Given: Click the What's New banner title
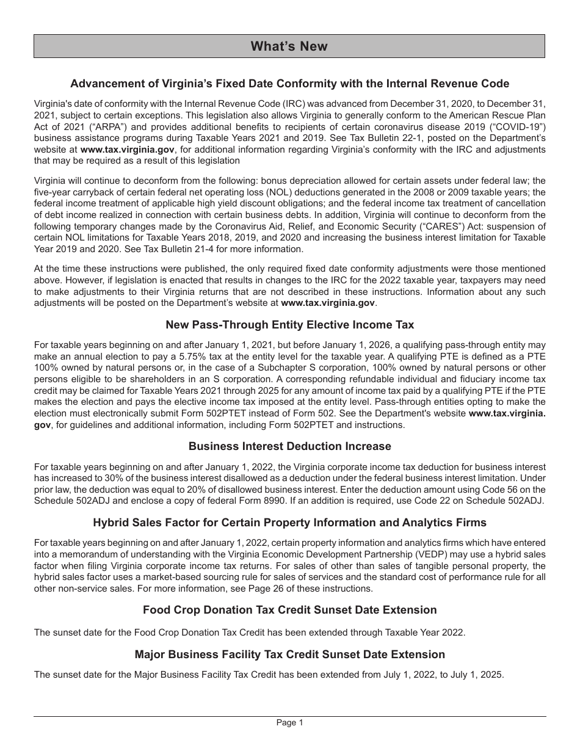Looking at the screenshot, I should click(289, 46).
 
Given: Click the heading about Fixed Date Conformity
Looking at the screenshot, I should click(289, 84).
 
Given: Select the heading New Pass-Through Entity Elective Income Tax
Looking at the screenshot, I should click(289, 325).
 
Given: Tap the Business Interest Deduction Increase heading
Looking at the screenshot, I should click(289, 446).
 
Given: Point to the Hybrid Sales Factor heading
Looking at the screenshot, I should click(289, 523).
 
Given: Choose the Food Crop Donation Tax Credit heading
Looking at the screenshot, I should click(289, 610).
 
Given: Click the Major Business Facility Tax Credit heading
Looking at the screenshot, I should click(289, 655).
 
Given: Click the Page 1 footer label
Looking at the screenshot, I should click(289, 723).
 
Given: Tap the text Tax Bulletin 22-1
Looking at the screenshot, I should click(388, 138).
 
